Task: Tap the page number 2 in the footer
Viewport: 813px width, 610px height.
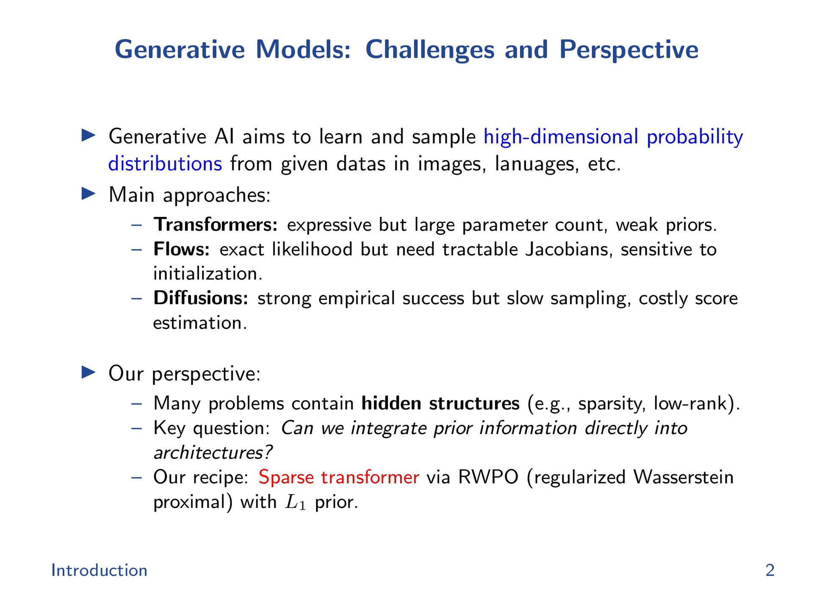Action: click(770, 570)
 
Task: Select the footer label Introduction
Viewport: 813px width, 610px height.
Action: click(99, 570)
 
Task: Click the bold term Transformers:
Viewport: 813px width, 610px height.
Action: click(216, 225)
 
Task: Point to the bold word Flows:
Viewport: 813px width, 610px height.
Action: click(182, 249)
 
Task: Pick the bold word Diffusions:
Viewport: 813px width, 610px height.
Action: click(201, 298)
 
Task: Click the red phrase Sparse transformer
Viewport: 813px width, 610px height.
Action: click(339, 477)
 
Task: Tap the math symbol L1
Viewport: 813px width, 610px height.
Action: click(296, 502)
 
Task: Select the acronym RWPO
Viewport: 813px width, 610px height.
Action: click(488, 477)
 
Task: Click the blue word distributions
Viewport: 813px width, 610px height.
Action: click(165, 164)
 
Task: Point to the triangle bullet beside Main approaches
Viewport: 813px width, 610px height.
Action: click(88, 194)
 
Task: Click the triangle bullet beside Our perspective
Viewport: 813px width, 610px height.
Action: click(88, 373)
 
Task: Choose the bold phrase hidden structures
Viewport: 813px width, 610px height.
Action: click(440, 403)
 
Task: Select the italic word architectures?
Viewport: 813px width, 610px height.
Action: click(213, 452)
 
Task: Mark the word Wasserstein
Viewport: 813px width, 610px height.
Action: click(683, 477)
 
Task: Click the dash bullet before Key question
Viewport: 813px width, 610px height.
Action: click(136, 428)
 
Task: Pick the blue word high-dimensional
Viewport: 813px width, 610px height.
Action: click(561, 137)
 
